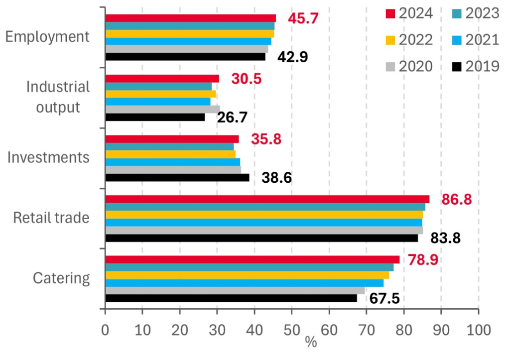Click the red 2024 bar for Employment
190,18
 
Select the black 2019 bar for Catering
231,298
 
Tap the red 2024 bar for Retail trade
267,199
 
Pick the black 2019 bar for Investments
177,178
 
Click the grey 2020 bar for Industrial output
162,109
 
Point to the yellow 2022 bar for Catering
247,275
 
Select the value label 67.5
384,299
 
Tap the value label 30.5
246,79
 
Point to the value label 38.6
276,178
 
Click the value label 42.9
293,57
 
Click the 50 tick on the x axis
292,330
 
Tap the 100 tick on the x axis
478,330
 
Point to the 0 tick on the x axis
105,330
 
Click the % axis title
311,343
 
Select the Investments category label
49,158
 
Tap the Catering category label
61,278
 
